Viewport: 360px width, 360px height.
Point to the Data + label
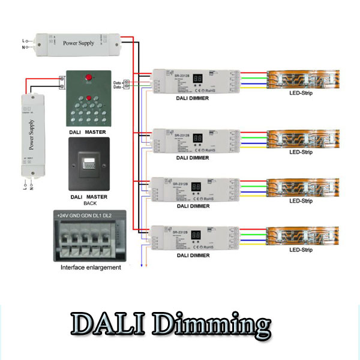117,82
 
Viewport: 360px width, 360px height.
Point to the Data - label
117,87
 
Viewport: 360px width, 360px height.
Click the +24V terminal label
64,215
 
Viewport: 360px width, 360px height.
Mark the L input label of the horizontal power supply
25,40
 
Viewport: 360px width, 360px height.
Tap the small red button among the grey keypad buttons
89,98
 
